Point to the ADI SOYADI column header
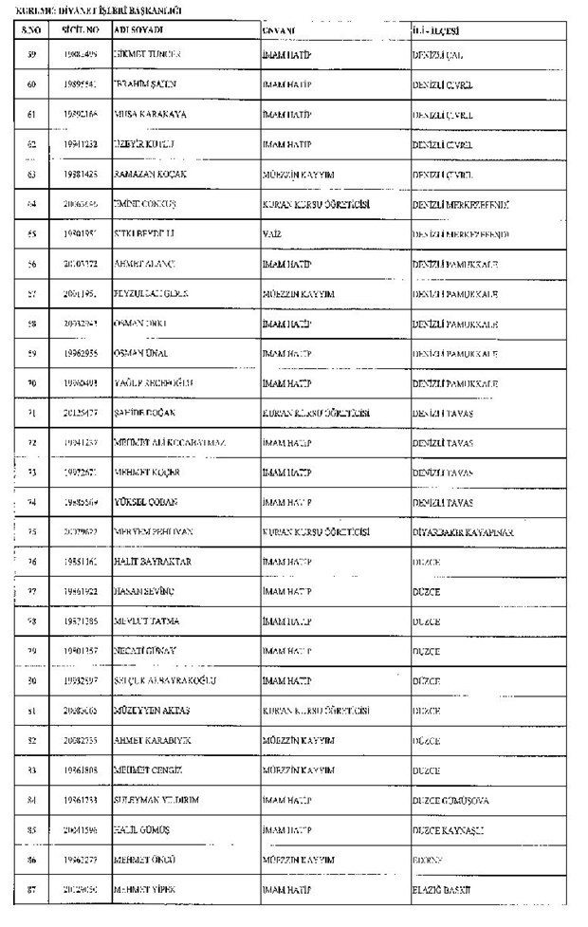click(134, 31)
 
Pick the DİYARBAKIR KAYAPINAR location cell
click(463, 532)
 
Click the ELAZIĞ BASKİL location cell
click(442, 890)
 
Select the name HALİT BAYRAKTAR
click(152, 562)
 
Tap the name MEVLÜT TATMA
click(146, 621)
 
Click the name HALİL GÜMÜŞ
click(141, 830)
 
